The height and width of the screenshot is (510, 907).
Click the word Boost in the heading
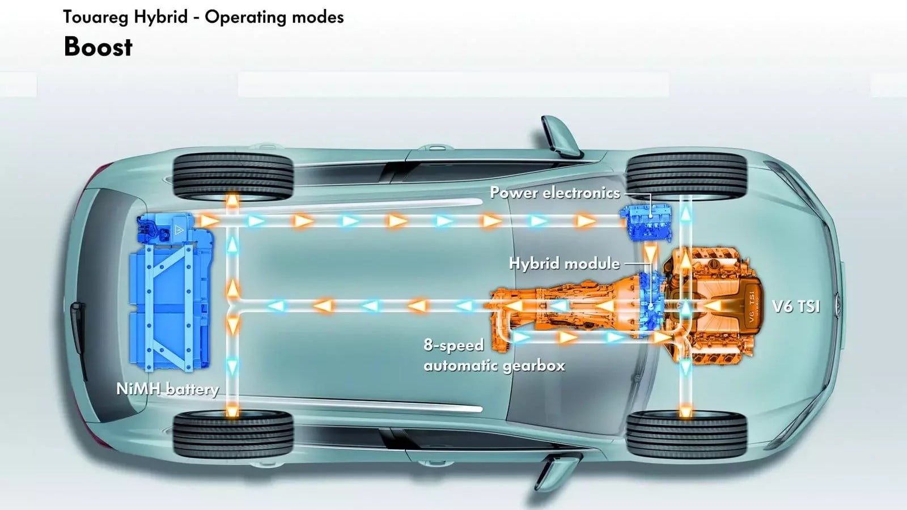pyautogui.click(x=98, y=47)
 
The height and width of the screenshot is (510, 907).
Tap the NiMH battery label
pyautogui.click(x=167, y=389)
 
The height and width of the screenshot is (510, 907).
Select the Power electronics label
pyautogui.click(x=554, y=193)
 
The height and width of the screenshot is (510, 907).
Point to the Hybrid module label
pyautogui.click(x=564, y=263)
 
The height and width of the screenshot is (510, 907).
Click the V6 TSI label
pyautogui.click(x=796, y=307)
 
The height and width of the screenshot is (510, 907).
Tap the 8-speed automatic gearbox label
pyautogui.click(x=494, y=355)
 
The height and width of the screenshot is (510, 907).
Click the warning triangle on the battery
pyautogui.click(x=179, y=229)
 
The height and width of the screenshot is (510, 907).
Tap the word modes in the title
pyautogui.click(x=323, y=17)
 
